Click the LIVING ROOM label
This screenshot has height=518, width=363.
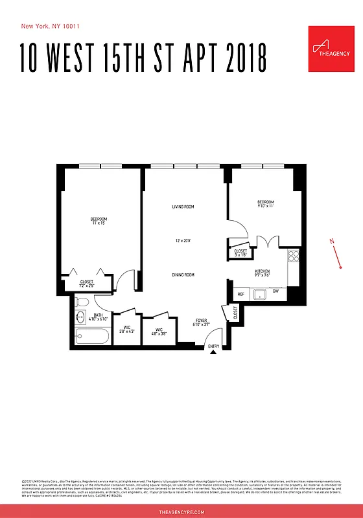[183, 207]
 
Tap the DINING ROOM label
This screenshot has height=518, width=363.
[183, 275]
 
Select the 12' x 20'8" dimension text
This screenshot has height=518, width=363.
[183, 241]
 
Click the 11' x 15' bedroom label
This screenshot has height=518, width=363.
[99, 221]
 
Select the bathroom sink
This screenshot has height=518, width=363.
[80, 317]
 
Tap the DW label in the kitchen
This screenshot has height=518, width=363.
[275, 291]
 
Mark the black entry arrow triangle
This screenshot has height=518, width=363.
[213, 352]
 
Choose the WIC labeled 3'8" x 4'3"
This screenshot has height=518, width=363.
[127, 328]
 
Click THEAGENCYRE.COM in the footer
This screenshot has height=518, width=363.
[181, 512]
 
